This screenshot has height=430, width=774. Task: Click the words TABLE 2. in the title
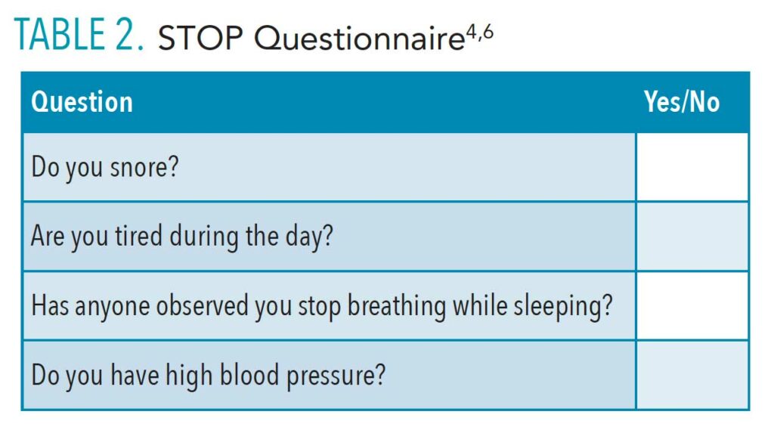pyautogui.click(x=79, y=34)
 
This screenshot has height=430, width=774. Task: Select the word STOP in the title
pyautogui.click(x=200, y=38)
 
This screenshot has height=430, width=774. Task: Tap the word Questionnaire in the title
pyautogui.click(x=359, y=38)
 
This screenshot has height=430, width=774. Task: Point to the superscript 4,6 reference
pyautogui.click(x=479, y=33)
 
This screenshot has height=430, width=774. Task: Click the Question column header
pyautogui.click(x=82, y=102)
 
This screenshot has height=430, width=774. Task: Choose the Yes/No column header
pyautogui.click(x=682, y=102)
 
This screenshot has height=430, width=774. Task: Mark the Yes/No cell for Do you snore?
pyautogui.click(x=692, y=167)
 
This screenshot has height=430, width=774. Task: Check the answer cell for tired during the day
pyautogui.click(x=692, y=236)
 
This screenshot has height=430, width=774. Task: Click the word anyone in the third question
pyautogui.click(x=113, y=307)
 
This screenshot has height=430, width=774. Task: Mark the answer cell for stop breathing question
pyautogui.click(x=692, y=305)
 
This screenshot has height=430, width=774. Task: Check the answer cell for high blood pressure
pyautogui.click(x=692, y=375)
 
